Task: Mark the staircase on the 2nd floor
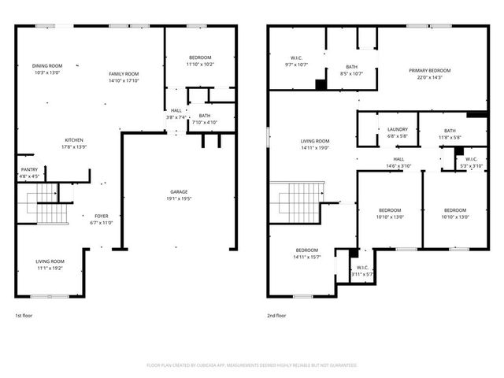297,202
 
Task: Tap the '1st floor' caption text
24,315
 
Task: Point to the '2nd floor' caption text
276,315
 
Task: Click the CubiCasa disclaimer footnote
252,365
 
